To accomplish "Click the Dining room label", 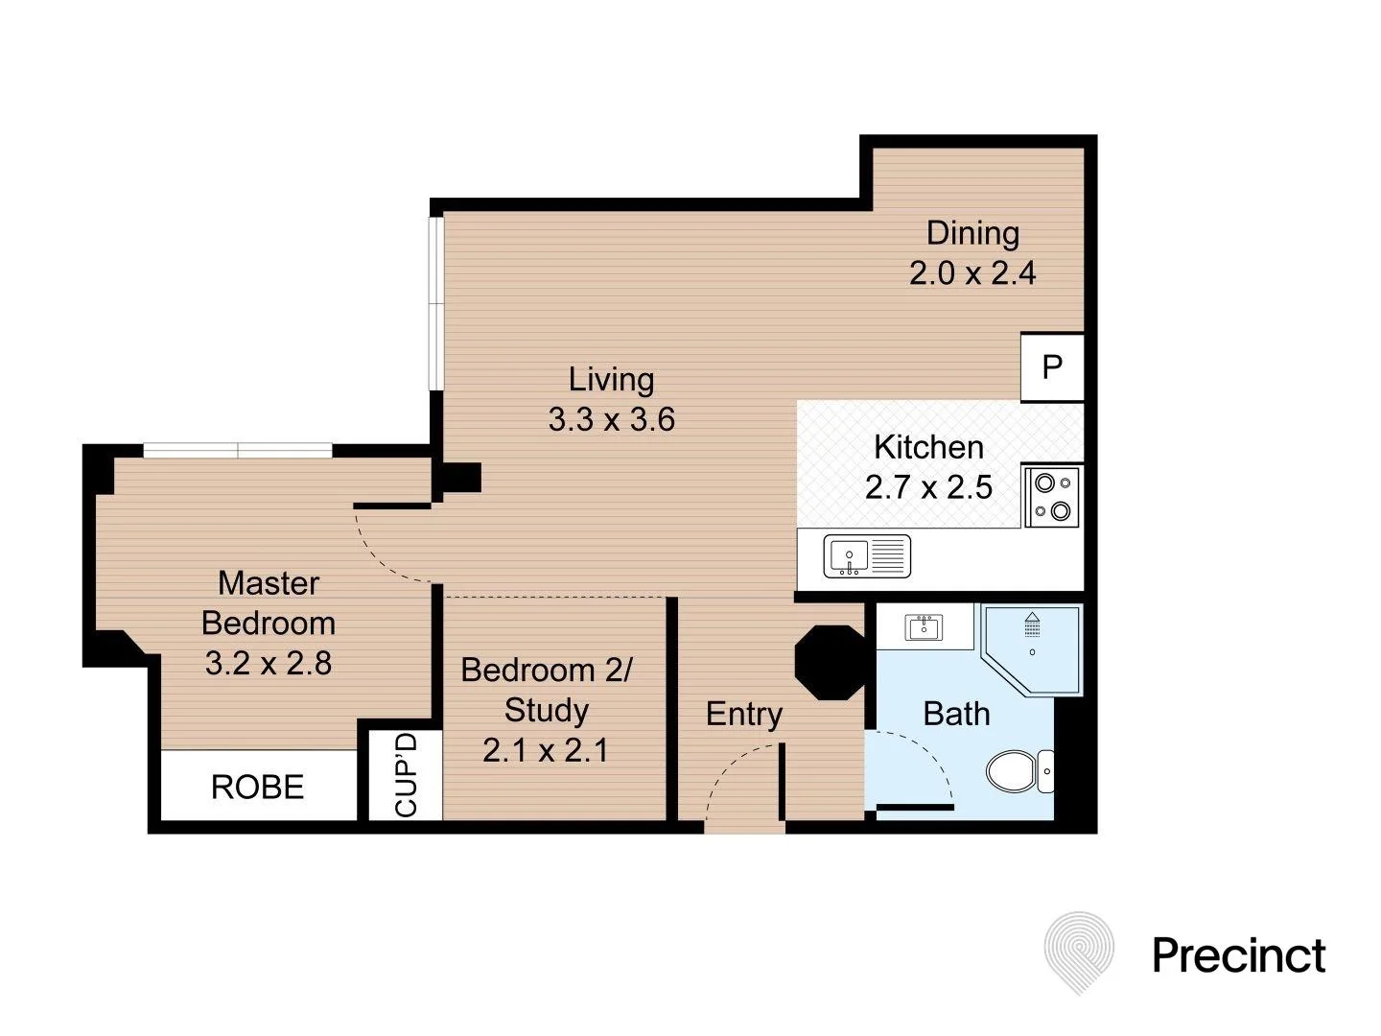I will [972, 233].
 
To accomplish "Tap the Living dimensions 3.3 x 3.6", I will [612, 419].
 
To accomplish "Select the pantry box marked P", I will [1052, 366].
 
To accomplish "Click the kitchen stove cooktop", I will [1052, 497].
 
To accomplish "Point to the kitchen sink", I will [866, 556].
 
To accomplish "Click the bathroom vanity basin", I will [924, 628].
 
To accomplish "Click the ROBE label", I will [257, 788].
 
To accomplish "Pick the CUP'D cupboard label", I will [407, 775].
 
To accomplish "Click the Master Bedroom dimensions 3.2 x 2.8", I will [269, 663].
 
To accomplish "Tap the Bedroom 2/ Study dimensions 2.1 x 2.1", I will [546, 749].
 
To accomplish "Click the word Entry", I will [744, 714].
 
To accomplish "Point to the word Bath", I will [956, 714].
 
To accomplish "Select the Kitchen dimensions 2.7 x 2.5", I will [928, 487].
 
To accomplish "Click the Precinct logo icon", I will [1079, 951].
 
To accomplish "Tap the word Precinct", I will [1238, 954].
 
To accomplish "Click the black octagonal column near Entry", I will [831, 662].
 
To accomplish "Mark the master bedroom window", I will [238, 450].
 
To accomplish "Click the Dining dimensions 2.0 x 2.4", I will [972, 273].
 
